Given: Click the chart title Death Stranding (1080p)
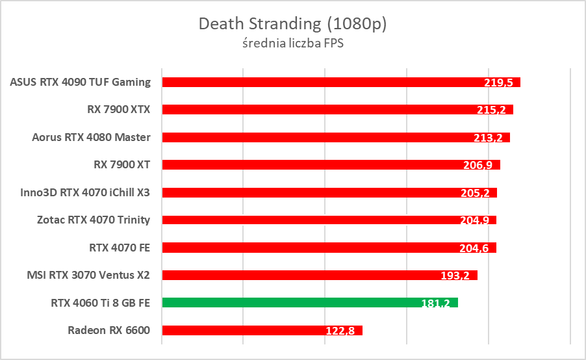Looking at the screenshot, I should [x=292, y=24].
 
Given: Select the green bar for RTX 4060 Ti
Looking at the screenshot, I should [x=310, y=302].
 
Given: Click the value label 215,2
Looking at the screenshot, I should [x=491, y=110].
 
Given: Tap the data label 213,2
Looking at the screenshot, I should [x=488, y=138].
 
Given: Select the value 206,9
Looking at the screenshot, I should [x=478, y=166].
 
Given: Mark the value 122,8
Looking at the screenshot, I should [x=340, y=331].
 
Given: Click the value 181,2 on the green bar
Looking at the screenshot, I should [x=436, y=303].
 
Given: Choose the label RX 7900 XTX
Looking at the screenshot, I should [x=118, y=109].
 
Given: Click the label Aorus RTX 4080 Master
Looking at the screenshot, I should [x=91, y=137].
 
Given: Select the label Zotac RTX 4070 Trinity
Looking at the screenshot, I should [x=94, y=220].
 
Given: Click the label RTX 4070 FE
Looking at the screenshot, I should [x=120, y=248].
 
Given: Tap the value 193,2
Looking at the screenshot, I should [x=455, y=276].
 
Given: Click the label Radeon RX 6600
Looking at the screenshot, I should [x=108, y=330].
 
